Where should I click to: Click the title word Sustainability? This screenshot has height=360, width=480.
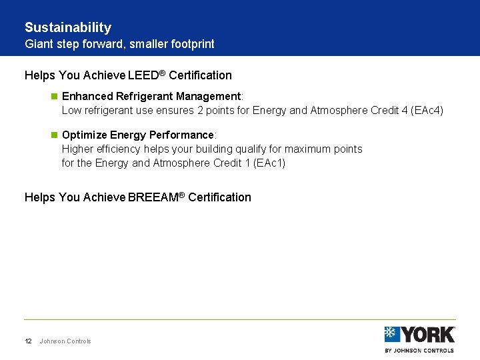point(68,27)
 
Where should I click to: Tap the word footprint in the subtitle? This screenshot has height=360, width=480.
point(191,44)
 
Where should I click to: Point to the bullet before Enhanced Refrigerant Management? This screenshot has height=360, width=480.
point(55,97)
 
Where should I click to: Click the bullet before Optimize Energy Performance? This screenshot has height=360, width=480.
point(55,135)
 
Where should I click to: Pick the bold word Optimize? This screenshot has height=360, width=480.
point(84,135)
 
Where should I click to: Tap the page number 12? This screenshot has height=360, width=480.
point(28,341)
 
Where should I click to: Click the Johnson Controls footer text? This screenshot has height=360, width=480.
point(65,341)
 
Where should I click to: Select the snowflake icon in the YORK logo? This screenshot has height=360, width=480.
point(392,334)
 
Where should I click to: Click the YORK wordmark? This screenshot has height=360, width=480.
point(427,334)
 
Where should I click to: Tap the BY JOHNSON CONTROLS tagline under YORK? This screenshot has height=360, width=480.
point(419,350)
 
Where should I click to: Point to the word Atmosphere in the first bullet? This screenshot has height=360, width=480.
point(339,111)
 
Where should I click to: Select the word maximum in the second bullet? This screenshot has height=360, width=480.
point(308,149)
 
